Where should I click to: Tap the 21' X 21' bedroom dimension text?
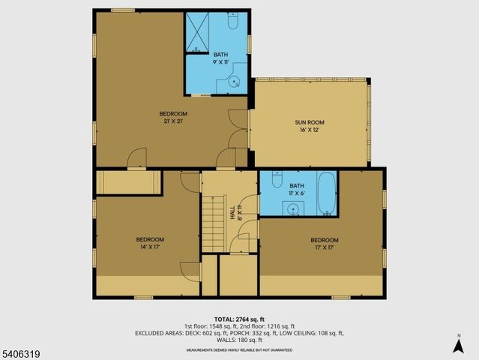[x=173, y=121]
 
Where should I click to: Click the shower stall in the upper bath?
[x=197, y=33]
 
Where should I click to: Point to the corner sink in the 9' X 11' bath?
[x=235, y=82]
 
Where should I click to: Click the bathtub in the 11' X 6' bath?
[x=327, y=193]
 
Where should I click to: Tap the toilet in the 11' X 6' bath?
[x=276, y=181]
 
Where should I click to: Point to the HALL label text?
[x=232, y=213]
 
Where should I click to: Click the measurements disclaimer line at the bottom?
[x=238, y=349]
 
